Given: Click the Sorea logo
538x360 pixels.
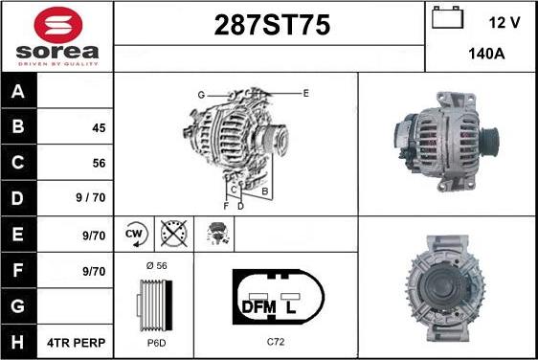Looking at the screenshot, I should pos(56,35).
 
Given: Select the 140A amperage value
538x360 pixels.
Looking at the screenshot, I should pos(485,56).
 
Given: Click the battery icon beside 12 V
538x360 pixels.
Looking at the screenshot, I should pos(447,19).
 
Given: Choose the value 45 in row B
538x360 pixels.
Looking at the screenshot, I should pos(99,127).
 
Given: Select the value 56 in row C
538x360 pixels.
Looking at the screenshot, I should pos(99,163).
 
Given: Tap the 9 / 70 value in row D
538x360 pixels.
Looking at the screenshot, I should pos(92,199).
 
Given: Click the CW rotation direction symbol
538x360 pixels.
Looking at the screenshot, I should pos(134,233).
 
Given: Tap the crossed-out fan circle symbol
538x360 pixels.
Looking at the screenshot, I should pos(173,233).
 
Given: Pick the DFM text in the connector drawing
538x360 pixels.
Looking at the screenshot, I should pos(258,307).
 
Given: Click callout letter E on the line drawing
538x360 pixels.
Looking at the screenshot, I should pos(305,93).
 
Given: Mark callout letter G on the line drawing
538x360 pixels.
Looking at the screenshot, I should pos(201,95).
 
